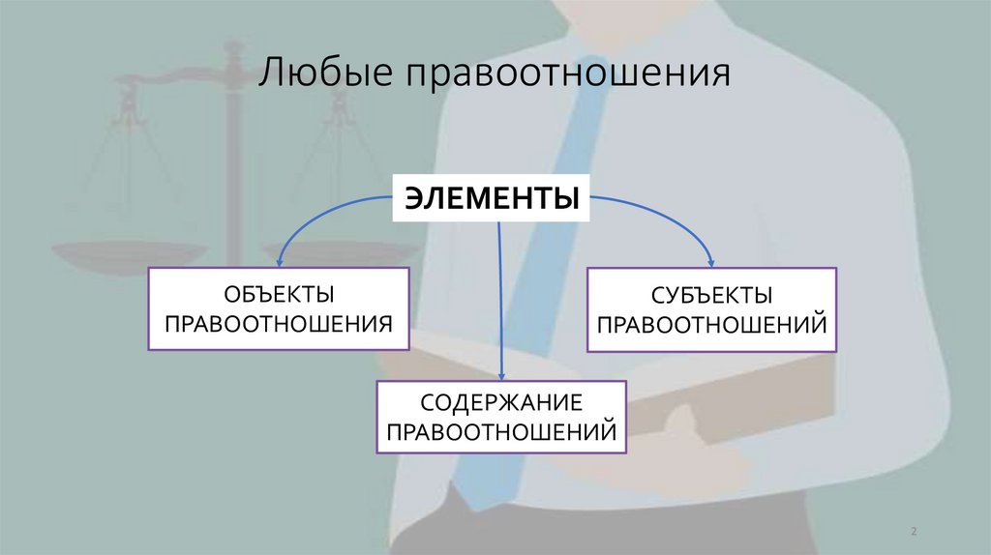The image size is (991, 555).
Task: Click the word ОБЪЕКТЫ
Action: click(x=279, y=292)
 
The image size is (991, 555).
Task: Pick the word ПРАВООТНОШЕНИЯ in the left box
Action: click(x=279, y=323)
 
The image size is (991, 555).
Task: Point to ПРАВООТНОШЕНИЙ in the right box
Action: click(x=711, y=323)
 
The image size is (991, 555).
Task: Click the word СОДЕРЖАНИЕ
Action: click(x=501, y=402)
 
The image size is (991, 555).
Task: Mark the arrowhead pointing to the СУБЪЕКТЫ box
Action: click(x=712, y=261)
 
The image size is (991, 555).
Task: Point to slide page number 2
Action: click(x=914, y=533)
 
